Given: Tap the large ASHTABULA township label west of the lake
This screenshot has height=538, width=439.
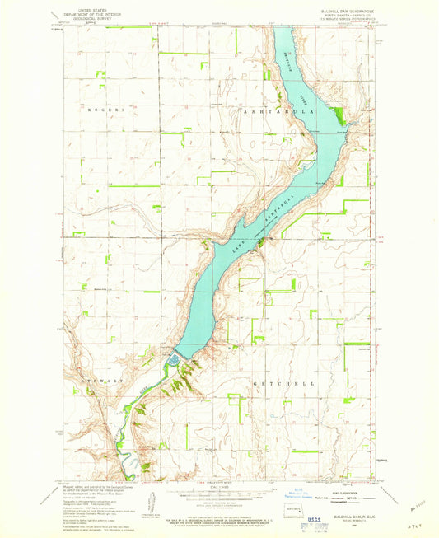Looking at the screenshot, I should (x=263, y=109).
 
